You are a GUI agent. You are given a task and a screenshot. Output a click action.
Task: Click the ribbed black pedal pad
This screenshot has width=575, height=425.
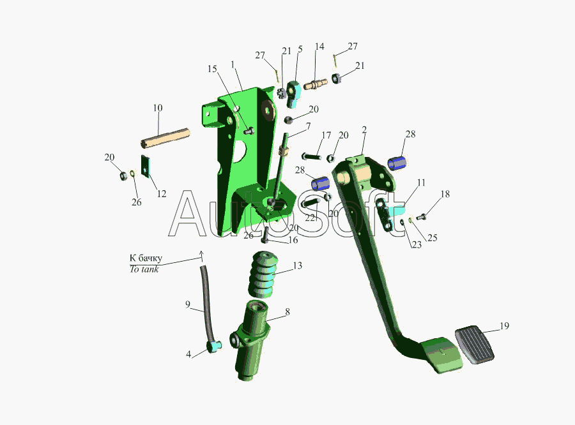[475, 345]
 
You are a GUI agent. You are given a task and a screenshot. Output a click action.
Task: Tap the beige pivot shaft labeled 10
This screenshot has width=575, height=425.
[165, 138]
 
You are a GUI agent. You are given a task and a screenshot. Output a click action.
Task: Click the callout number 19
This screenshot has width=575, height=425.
[504, 325]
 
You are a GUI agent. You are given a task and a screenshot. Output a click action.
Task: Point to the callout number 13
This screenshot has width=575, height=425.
[297, 265]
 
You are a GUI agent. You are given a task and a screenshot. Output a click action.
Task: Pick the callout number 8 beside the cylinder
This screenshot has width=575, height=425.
[287, 312]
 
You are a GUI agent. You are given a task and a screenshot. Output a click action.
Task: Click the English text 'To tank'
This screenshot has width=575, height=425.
[144, 269]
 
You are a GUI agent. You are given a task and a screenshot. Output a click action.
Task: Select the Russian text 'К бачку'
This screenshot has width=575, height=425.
[146, 258]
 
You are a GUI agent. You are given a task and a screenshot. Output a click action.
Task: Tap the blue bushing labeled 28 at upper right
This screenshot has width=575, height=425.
[397, 163]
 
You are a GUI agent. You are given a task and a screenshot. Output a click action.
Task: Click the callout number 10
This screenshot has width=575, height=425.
[158, 108]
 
